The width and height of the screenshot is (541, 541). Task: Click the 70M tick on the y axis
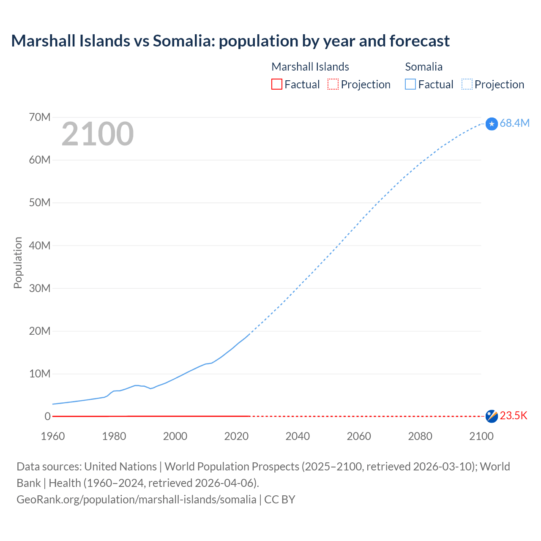(40, 117)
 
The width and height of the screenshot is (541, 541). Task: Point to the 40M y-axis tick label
(40, 246)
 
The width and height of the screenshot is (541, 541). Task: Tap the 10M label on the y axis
(40, 374)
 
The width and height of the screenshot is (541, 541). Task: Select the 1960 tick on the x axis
(53, 436)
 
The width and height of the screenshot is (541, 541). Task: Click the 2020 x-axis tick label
(236, 436)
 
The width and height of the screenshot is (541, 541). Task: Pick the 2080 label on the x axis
(420, 436)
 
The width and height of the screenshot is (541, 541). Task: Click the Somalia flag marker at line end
(492, 124)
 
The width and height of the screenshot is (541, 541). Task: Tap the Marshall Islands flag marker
(492, 416)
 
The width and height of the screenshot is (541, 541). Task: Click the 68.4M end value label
(514, 123)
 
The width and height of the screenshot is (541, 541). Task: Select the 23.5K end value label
(514, 416)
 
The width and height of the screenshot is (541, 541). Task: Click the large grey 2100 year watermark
(98, 134)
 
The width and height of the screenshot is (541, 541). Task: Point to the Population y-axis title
(18, 262)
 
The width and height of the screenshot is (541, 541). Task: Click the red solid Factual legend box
(276, 84)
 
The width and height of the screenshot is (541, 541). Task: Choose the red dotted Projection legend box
(333, 84)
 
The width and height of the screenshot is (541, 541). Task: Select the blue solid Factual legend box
(410, 84)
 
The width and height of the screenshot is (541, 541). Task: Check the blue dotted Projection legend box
(467, 84)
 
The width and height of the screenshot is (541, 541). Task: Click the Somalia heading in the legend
(424, 67)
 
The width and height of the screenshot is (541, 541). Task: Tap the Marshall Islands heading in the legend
(310, 67)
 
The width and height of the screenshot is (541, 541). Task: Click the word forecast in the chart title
(419, 41)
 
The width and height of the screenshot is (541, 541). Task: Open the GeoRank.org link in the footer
(136, 500)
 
